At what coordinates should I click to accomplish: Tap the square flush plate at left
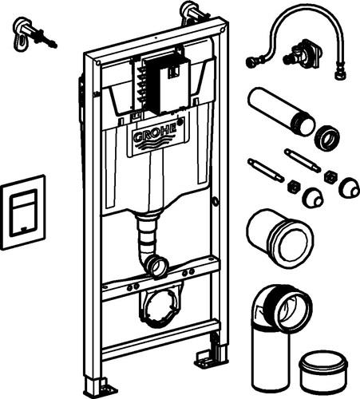click(x=23, y=212)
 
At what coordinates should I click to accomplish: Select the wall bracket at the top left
click(x=34, y=34)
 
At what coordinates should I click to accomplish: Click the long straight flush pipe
click(x=281, y=112)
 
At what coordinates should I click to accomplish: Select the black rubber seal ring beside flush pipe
click(x=327, y=138)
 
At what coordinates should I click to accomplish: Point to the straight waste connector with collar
click(x=280, y=237)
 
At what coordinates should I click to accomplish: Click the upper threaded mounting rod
click(x=303, y=160)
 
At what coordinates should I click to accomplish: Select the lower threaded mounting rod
click(x=266, y=170)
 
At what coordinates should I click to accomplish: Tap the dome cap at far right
click(x=350, y=188)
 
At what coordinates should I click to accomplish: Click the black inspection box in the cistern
click(x=167, y=84)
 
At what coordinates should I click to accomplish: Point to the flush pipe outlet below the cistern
click(x=157, y=266)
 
